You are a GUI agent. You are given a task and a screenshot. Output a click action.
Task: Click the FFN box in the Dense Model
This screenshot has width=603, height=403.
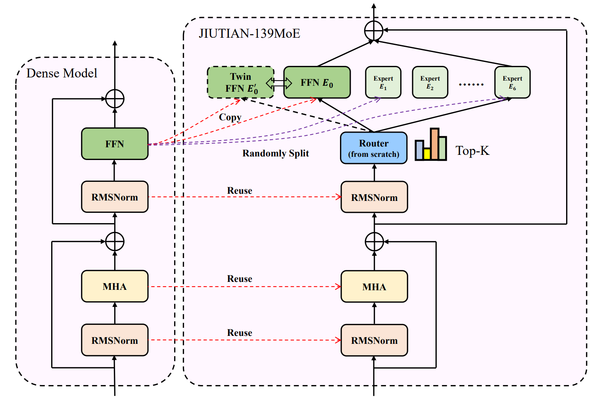pyautogui.click(x=115, y=144)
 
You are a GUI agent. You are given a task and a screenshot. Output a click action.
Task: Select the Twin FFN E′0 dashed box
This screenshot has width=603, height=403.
pyautogui.click(x=240, y=82)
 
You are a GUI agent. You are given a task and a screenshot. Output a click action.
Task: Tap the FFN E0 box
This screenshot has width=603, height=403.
pyautogui.click(x=317, y=82)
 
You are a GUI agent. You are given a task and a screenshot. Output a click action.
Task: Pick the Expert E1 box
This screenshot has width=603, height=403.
pyautogui.click(x=383, y=82)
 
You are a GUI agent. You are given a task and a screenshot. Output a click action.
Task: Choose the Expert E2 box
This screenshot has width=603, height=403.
pyautogui.click(x=430, y=82)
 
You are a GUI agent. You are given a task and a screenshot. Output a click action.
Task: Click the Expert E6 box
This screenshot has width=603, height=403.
pyautogui.click(x=512, y=82)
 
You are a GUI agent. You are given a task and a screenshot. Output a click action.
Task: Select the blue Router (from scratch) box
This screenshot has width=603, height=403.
pyautogui.click(x=374, y=148)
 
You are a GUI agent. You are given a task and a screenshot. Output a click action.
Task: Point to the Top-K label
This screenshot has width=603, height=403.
pyautogui.click(x=472, y=150)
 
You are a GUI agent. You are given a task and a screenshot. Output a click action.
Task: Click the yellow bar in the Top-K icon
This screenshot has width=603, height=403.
pyautogui.click(x=427, y=154)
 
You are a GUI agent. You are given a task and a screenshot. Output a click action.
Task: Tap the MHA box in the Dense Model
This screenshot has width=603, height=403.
pyautogui.click(x=115, y=286)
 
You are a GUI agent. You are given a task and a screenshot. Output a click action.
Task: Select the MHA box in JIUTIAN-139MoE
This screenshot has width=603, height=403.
pyautogui.click(x=374, y=287)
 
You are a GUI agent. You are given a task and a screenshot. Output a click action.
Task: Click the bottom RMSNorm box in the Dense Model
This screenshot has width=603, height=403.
pyautogui.click(x=115, y=340)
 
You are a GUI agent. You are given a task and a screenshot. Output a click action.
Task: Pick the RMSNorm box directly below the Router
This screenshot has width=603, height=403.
pyautogui.click(x=374, y=197)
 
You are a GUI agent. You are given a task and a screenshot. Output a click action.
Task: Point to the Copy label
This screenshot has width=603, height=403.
pyautogui.click(x=230, y=117)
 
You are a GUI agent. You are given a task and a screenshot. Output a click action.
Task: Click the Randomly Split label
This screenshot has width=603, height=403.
pyautogui.click(x=275, y=153)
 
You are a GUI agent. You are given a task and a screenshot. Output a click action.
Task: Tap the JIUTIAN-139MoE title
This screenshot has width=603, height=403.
pyautogui.click(x=249, y=33)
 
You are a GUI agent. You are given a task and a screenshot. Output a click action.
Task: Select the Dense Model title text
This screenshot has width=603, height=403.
pyautogui.click(x=62, y=73)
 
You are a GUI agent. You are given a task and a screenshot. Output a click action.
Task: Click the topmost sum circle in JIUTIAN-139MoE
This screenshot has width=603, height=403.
pyautogui.click(x=374, y=30)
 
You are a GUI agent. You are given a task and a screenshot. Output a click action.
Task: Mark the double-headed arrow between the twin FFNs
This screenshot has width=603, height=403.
pyautogui.click(x=279, y=83)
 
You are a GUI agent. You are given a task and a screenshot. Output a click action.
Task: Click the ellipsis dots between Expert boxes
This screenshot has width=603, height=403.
pyautogui.click(x=471, y=84)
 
